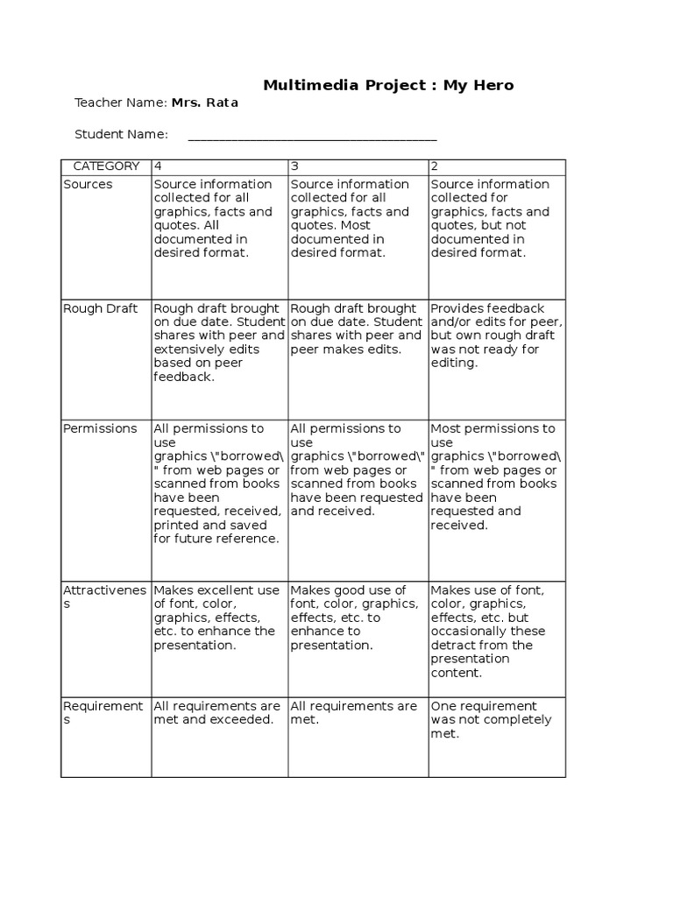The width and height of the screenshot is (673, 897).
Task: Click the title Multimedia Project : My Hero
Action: (389, 85)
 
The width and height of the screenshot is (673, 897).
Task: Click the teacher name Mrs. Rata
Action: (204, 102)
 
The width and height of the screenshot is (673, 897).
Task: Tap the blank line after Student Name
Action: (312, 136)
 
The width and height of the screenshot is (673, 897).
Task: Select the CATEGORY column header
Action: (106, 166)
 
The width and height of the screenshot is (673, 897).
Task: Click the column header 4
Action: (158, 166)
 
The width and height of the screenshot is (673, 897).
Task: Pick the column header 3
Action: (294, 166)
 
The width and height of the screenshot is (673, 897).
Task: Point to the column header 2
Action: (435, 166)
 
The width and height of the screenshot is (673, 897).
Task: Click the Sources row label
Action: (88, 184)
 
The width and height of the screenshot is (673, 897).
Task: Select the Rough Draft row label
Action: (98, 308)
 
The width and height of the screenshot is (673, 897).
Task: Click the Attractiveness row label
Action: (103, 597)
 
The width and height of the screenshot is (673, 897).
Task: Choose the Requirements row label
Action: (103, 712)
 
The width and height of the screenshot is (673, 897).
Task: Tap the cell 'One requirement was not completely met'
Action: (491, 720)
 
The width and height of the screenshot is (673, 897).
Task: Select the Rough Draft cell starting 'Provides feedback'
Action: (495, 335)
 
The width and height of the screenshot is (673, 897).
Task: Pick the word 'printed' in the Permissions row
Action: (176, 525)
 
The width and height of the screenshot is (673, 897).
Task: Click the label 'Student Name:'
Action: (121, 134)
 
